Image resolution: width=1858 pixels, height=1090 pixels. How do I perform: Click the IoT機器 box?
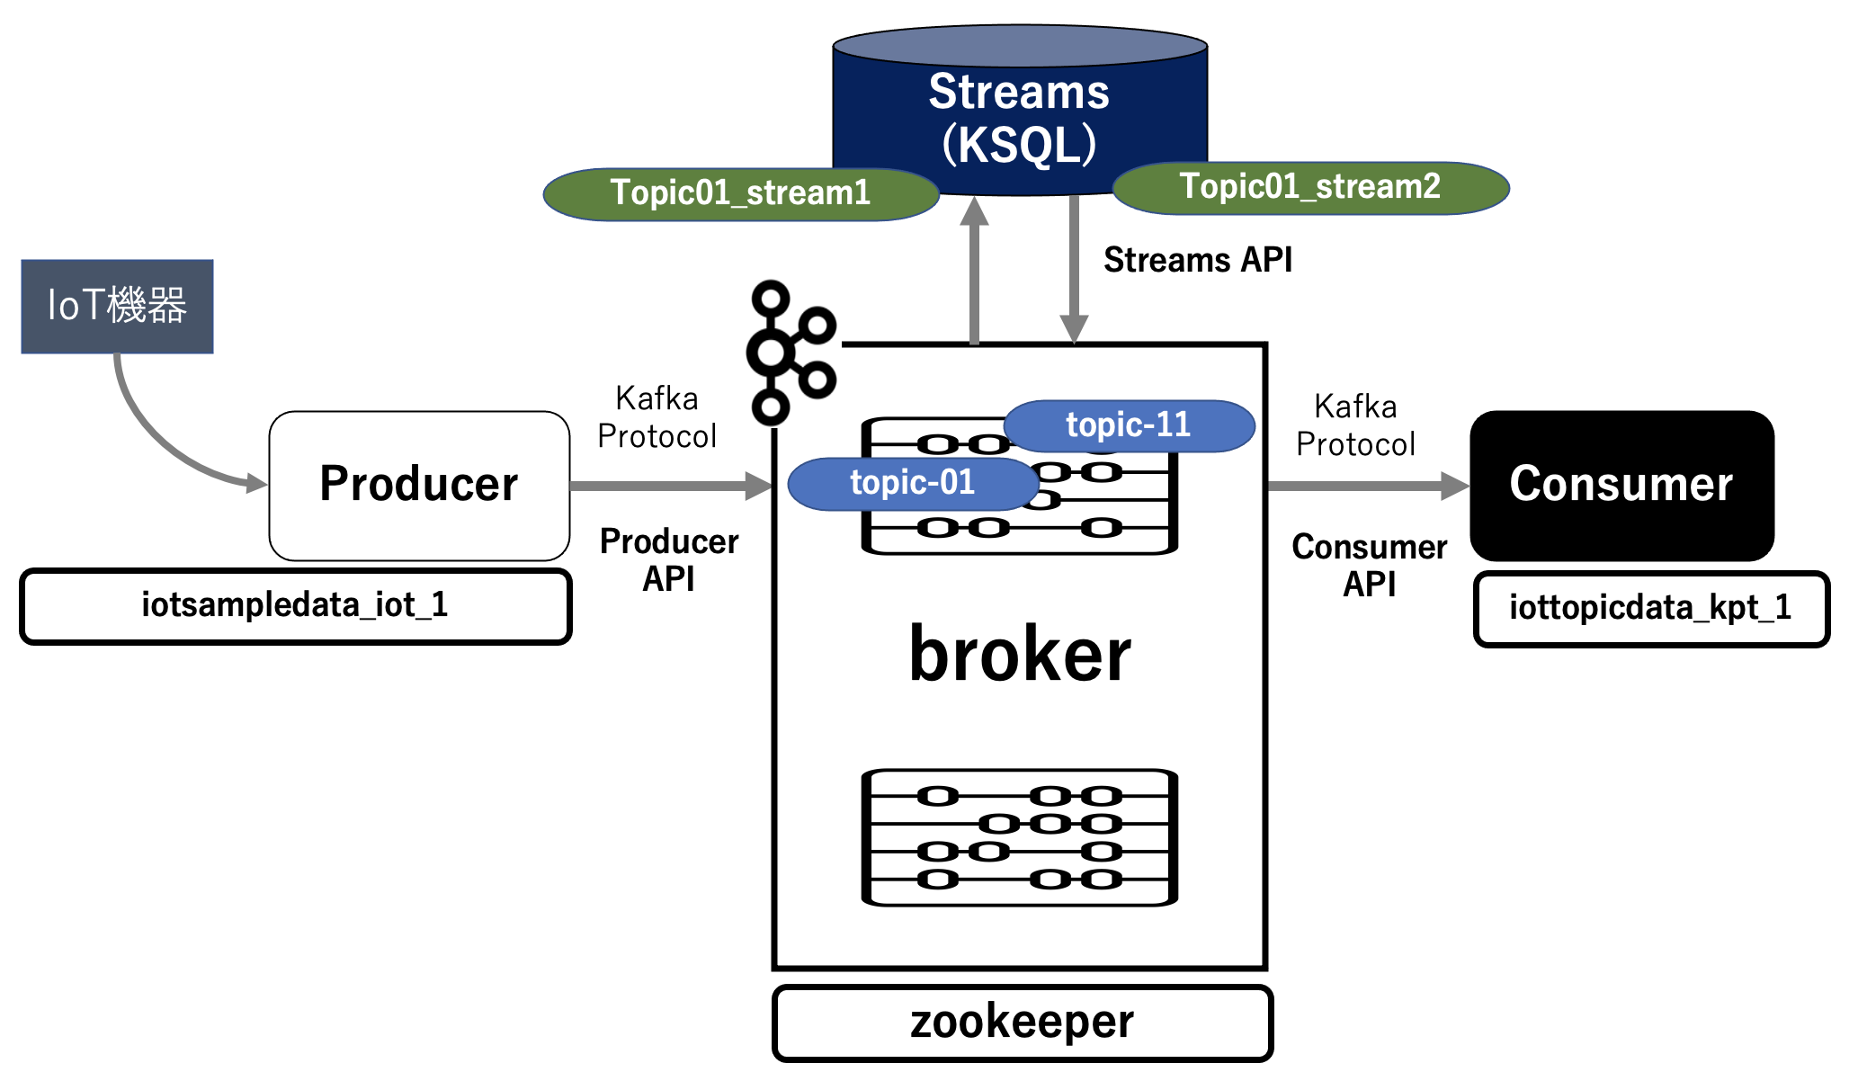[x=117, y=306]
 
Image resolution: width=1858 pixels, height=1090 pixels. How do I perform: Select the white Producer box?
[x=419, y=486]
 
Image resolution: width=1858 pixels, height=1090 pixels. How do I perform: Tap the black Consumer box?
[x=1621, y=486]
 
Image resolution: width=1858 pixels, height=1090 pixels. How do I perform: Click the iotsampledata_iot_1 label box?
[x=295, y=606]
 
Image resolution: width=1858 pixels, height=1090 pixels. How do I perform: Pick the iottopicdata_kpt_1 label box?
[x=1651, y=609]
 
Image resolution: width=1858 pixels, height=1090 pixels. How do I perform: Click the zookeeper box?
[x=1023, y=1023]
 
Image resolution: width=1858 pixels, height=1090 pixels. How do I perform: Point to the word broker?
[x=1020, y=655]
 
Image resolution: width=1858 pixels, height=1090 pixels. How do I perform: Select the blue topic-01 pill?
[x=912, y=484]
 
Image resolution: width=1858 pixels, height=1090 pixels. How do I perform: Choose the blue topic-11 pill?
[x=1129, y=425]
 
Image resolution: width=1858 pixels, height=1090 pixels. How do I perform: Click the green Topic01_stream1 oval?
[x=740, y=193]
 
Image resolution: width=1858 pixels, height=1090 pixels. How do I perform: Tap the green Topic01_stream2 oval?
[x=1310, y=188]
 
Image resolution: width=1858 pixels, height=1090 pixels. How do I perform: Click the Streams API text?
[x=1198, y=261]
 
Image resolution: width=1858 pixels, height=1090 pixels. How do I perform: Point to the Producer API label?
[x=669, y=560]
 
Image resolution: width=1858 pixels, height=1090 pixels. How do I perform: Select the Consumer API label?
[x=1369, y=566]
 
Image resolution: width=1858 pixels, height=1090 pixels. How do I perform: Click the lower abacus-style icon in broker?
[x=1020, y=837]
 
